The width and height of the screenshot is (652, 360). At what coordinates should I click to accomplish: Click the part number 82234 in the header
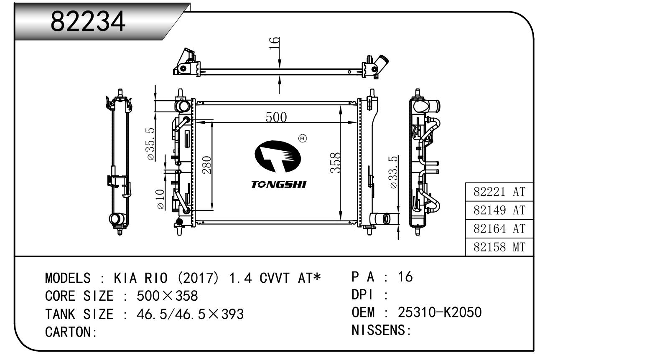pyautogui.click(x=88, y=21)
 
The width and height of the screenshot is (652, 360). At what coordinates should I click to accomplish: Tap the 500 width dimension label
pyautogui.click(x=276, y=117)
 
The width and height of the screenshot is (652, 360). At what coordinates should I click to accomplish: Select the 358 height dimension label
pyautogui.click(x=335, y=163)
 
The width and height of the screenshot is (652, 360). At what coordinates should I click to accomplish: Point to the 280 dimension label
pyautogui.click(x=206, y=165)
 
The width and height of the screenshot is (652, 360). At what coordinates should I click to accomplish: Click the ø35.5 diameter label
pyautogui.click(x=150, y=144)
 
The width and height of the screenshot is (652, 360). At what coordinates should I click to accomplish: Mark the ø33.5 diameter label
pyautogui.click(x=392, y=172)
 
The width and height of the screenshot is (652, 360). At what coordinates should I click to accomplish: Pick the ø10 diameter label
pyautogui.click(x=160, y=199)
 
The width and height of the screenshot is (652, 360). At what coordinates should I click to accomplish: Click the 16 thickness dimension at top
pyautogui.click(x=275, y=43)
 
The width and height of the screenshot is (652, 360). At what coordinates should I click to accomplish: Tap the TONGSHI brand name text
pyautogui.click(x=278, y=184)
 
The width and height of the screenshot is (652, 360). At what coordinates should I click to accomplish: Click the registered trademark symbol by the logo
pyautogui.click(x=303, y=138)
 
